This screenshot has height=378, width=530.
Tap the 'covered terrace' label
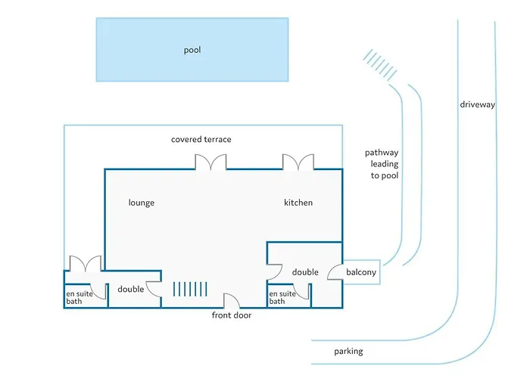[201, 139]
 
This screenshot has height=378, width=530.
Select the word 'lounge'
[142, 203]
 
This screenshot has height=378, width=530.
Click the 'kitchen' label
[298, 203]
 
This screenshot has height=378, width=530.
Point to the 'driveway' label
[477, 104]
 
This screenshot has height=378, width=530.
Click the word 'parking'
[348, 352]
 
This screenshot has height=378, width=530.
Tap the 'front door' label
[231, 315]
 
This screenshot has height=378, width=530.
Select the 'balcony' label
[361, 272]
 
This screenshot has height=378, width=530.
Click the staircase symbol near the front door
[189, 289]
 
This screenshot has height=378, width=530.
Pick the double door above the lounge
[210, 163]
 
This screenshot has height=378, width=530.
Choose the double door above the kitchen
[298, 163]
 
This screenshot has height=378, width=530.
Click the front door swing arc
[232, 301]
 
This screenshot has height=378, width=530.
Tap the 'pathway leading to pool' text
[381, 164]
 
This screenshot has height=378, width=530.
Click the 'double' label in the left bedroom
[131, 289]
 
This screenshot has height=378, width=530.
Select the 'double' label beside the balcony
[305, 272]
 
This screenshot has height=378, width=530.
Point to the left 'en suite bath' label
[79, 298]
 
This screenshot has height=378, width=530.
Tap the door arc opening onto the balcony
[334, 272]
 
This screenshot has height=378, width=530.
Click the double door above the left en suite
[85, 264]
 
